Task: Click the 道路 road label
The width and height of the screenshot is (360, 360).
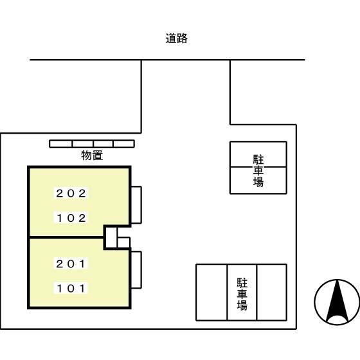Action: pyautogui.click(x=176, y=39)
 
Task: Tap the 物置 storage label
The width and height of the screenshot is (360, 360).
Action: pyautogui.click(x=92, y=155)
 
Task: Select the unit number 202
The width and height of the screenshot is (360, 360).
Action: pyautogui.click(x=71, y=193)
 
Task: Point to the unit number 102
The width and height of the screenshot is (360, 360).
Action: pyautogui.click(x=71, y=218)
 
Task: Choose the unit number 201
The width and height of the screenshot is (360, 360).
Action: pyautogui.click(x=71, y=264)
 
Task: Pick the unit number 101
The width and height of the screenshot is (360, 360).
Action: pyautogui.click(x=71, y=289)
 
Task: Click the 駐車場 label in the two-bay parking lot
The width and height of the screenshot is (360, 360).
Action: pyautogui.click(x=258, y=171)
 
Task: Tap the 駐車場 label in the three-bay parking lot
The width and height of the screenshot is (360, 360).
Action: pyautogui.click(x=242, y=294)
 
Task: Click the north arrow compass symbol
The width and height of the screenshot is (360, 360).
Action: pyautogui.click(x=337, y=302)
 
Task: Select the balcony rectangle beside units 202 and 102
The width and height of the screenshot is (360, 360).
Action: pyautogui.click(x=136, y=205)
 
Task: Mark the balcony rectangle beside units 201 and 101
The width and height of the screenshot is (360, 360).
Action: pyautogui.click(x=136, y=270)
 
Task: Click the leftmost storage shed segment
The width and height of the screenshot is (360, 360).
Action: pyautogui.click(x=61, y=143)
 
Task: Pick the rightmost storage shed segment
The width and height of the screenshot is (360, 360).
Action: pyautogui.click(x=124, y=143)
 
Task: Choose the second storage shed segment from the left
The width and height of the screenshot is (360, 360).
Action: pyautogui.click(x=82, y=143)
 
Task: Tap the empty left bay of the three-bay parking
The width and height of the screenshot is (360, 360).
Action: pyautogui.click(x=212, y=292)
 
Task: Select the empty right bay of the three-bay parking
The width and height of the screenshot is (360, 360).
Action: pyautogui.click(x=271, y=292)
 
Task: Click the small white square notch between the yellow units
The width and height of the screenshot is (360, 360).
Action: pyautogui.click(x=111, y=237)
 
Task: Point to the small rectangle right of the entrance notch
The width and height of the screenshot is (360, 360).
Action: pyautogui.click(x=124, y=242)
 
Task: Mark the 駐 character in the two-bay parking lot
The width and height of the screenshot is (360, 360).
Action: pyautogui.click(x=258, y=159)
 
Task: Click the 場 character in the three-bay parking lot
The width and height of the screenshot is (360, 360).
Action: pyautogui.click(x=242, y=306)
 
